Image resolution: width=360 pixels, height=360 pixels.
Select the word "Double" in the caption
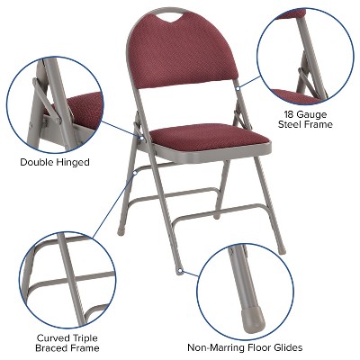(x=39, y=163)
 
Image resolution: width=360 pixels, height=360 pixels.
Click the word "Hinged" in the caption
(x=75, y=163)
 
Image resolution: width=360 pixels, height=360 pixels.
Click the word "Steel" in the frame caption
(x=291, y=124)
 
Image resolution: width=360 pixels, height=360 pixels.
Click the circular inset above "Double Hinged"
(x=53, y=104)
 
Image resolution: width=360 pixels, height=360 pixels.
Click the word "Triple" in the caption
(x=86, y=336)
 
